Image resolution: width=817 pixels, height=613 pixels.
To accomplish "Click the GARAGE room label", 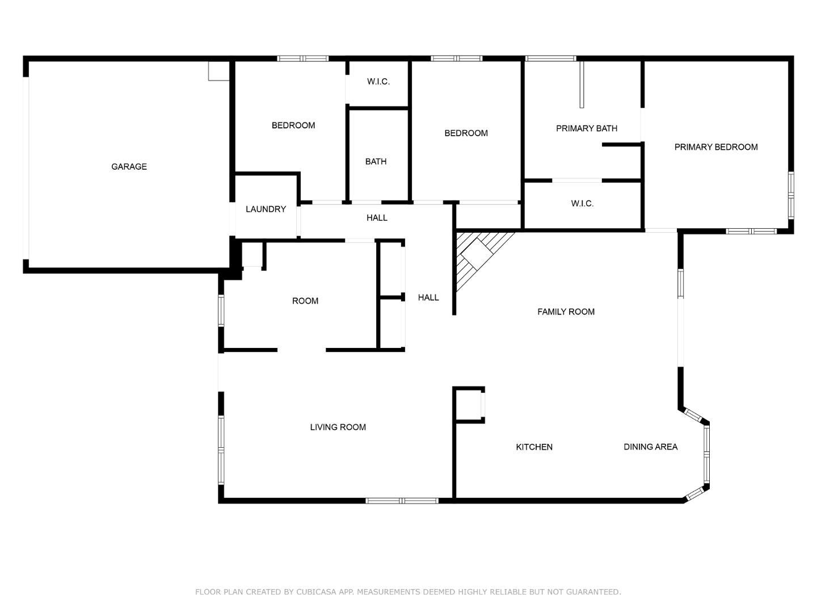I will [x=129, y=166].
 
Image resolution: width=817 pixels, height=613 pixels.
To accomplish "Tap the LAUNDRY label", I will [x=266, y=209].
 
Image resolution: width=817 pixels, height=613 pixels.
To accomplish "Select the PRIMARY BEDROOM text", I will [x=715, y=147].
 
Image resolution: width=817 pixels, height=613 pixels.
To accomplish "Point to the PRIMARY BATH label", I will [x=586, y=128].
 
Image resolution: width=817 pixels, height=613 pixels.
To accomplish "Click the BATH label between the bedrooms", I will [x=376, y=162].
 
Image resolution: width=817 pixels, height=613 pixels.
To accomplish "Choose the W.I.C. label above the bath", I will [x=378, y=82].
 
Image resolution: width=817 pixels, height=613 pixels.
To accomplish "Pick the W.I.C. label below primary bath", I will [x=582, y=204].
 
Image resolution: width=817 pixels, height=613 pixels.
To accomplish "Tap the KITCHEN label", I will [x=534, y=447].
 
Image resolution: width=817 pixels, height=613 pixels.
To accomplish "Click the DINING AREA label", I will [x=650, y=447].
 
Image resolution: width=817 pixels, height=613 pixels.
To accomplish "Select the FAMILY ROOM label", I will [x=566, y=312].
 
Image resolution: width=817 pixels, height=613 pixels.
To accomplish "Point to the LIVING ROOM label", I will [x=338, y=427].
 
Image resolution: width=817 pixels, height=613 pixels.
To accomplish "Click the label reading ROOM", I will [x=305, y=301].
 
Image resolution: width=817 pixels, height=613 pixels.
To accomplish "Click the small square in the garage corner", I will [x=218, y=71].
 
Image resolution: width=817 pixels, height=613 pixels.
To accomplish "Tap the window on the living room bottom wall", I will [x=402, y=501].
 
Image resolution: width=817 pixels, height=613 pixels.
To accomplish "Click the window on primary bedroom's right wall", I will [x=791, y=195].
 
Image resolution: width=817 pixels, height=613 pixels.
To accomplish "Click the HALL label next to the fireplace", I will [x=428, y=297].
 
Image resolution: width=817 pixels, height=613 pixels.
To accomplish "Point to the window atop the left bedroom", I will [x=302, y=58].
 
